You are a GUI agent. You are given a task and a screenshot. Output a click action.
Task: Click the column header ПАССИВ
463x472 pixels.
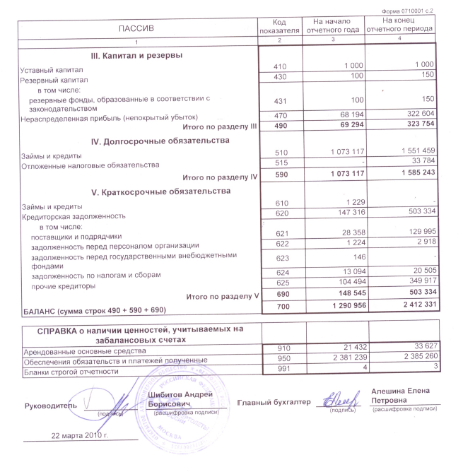(138, 28)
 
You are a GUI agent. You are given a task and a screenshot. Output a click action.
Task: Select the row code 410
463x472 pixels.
(280, 66)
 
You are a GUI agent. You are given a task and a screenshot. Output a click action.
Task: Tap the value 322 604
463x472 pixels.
(416, 114)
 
